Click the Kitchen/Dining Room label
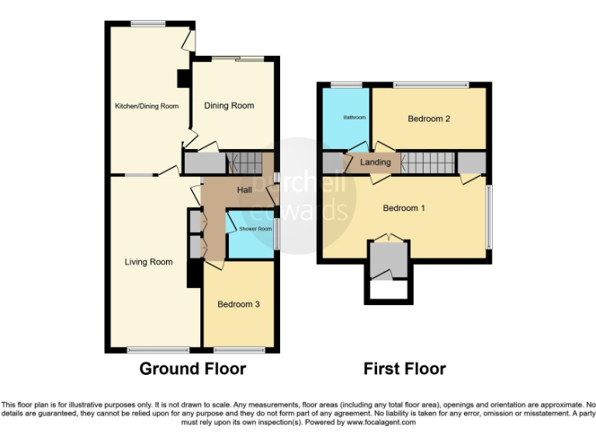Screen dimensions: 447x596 pos(147,106)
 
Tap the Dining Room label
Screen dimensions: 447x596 pos(229,106)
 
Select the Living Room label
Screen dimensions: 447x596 pos(148,262)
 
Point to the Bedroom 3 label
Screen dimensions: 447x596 pos(238,304)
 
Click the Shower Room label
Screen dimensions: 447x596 pos(255,229)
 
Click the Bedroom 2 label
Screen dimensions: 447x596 pos(429,119)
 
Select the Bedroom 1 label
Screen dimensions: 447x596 pos(404,208)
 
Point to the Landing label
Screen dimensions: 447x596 pos(376,162)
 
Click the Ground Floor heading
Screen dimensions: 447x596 pos(192,369)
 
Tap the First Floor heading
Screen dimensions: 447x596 pos(404,369)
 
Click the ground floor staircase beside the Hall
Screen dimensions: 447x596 pos(248,163)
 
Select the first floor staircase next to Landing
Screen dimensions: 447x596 pos(428,163)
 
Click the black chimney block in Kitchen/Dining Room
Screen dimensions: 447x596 pos(182,78)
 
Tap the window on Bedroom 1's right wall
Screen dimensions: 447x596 pos(488,217)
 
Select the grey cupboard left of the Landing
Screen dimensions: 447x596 pos(331,163)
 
